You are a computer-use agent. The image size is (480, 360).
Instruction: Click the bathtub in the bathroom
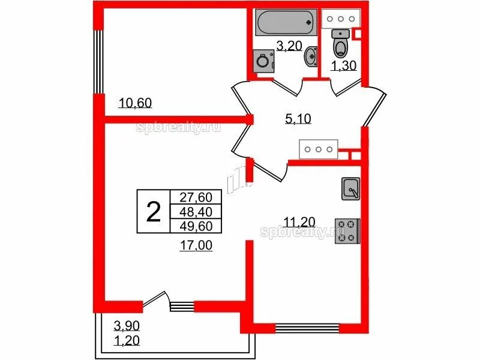coord(286,22)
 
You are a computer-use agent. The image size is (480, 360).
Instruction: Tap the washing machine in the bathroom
coord(263,61)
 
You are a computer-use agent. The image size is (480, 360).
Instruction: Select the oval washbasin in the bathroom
coord(311,56)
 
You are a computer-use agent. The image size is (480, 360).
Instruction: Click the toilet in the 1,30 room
coord(341,43)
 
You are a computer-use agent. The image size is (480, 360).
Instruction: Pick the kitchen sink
coord(351,189)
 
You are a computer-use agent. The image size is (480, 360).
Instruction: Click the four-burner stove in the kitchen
coord(347,231)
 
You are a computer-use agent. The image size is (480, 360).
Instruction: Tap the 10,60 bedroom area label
coord(135,103)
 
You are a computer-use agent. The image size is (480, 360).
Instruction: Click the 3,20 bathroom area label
coord(289,46)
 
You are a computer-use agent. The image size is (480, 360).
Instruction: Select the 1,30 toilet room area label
coord(344,65)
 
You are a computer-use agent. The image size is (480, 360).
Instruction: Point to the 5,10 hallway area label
coord(298,118)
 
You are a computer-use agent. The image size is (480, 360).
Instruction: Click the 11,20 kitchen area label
coord(299,221)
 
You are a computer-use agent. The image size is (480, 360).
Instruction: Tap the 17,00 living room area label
coord(196,245)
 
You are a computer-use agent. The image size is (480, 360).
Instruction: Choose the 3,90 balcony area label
coord(127,326)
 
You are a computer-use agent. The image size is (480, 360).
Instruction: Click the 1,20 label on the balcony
coord(127,340)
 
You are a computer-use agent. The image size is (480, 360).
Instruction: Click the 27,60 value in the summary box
coord(196,197)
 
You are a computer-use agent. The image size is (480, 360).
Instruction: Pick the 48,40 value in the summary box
coord(196,212)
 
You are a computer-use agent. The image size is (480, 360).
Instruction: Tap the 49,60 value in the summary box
coord(196,226)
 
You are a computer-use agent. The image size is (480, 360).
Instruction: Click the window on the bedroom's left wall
coord(99,62)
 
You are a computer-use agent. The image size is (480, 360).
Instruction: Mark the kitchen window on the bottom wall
coord(307,328)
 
